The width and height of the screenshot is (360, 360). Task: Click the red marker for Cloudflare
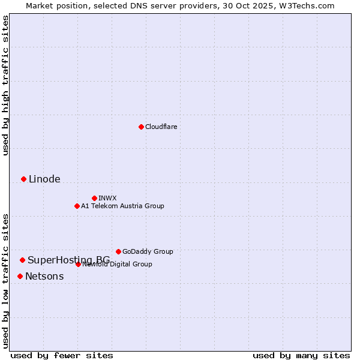point(141,127)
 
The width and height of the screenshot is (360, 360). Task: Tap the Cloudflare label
point(161,127)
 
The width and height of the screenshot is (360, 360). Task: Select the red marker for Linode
point(23,179)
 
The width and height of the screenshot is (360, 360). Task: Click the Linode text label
point(44,179)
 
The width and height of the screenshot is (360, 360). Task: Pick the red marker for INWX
point(94,198)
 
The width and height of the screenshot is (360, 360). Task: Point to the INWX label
point(107,198)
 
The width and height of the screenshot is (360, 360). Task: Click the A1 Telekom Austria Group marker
point(77,206)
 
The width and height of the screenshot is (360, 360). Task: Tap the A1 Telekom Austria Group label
point(122,206)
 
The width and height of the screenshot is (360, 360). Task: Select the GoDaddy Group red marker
point(118,251)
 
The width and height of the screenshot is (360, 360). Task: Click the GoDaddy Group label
point(148,251)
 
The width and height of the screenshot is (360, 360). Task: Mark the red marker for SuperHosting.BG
point(22,260)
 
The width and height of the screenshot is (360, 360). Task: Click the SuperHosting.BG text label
point(68,260)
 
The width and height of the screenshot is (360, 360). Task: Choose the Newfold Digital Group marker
point(78,264)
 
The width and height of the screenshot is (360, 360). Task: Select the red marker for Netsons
point(20,276)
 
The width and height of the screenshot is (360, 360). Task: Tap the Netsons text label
point(44,276)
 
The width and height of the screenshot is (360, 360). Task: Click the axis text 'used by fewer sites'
point(62,355)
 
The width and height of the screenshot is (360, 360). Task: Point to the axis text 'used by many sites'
point(301,355)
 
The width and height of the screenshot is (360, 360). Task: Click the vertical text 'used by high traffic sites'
point(5,85)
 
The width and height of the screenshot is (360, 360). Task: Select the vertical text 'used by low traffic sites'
point(5,280)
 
